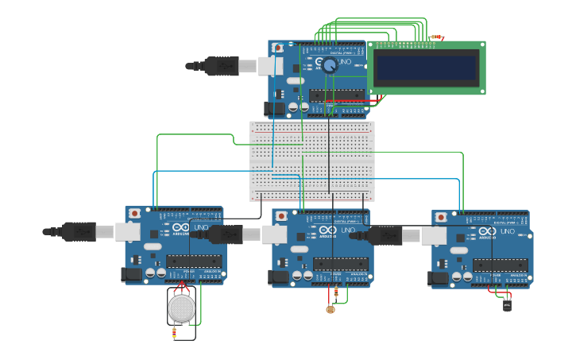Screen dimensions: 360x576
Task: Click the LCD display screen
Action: (427, 68)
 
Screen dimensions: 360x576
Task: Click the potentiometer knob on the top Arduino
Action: (329, 66)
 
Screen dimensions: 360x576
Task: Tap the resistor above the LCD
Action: (435, 37)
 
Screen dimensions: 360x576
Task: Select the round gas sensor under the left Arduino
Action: (182, 308)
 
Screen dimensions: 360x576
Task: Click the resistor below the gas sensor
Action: (175, 335)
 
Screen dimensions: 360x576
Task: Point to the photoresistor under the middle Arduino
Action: (331, 309)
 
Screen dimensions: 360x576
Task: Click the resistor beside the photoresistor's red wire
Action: (336, 294)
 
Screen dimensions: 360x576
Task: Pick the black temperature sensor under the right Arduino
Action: (507, 304)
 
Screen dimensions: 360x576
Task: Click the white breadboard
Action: (311, 161)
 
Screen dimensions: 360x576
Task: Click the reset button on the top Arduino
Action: (277, 48)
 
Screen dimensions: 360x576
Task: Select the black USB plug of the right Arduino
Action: (384, 236)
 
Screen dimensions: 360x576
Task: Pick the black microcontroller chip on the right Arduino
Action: (500, 265)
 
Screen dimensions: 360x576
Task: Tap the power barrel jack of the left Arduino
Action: (131, 274)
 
